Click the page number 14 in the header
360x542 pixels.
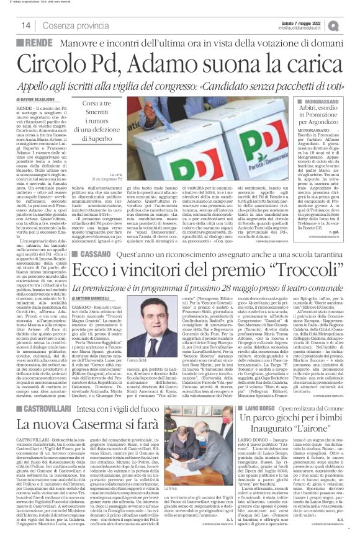coord(26,25)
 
